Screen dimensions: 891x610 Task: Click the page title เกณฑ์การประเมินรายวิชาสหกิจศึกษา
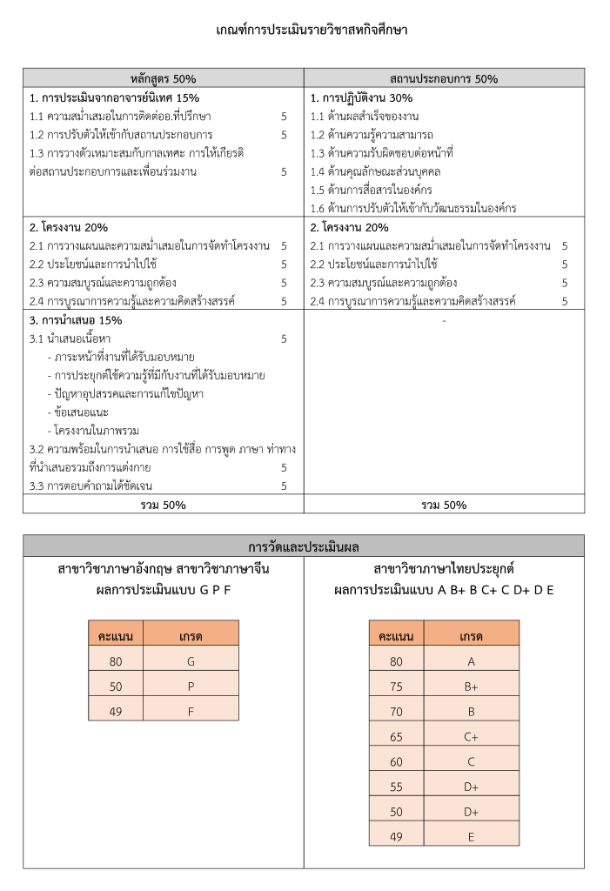pyautogui.click(x=312, y=30)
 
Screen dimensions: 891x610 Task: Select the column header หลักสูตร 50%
pyautogui.click(x=163, y=78)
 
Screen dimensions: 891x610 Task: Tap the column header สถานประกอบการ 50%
pyautogui.click(x=444, y=78)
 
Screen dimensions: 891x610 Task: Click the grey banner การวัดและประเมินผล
pyautogui.click(x=304, y=546)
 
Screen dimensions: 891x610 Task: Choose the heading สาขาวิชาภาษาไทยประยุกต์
pyautogui.click(x=444, y=569)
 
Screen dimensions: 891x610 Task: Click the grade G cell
pyautogui.click(x=191, y=660)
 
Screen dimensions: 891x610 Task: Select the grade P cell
pyautogui.click(x=191, y=686)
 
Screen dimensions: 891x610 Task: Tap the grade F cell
pyautogui.click(x=191, y=711)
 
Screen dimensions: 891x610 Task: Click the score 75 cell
pyautogui.click(x=396, y=686)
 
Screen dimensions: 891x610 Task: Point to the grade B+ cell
pyautogui.click(x=472, y=686)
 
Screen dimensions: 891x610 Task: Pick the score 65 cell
pyautogui.click(x=396, y=736)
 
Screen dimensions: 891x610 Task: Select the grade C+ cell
pyautogui.click(x=472, y=736)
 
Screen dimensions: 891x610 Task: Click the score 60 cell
pyautogui.click(x=396, y=761)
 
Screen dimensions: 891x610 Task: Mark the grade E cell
pyautogui.click(x=472, y=836)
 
